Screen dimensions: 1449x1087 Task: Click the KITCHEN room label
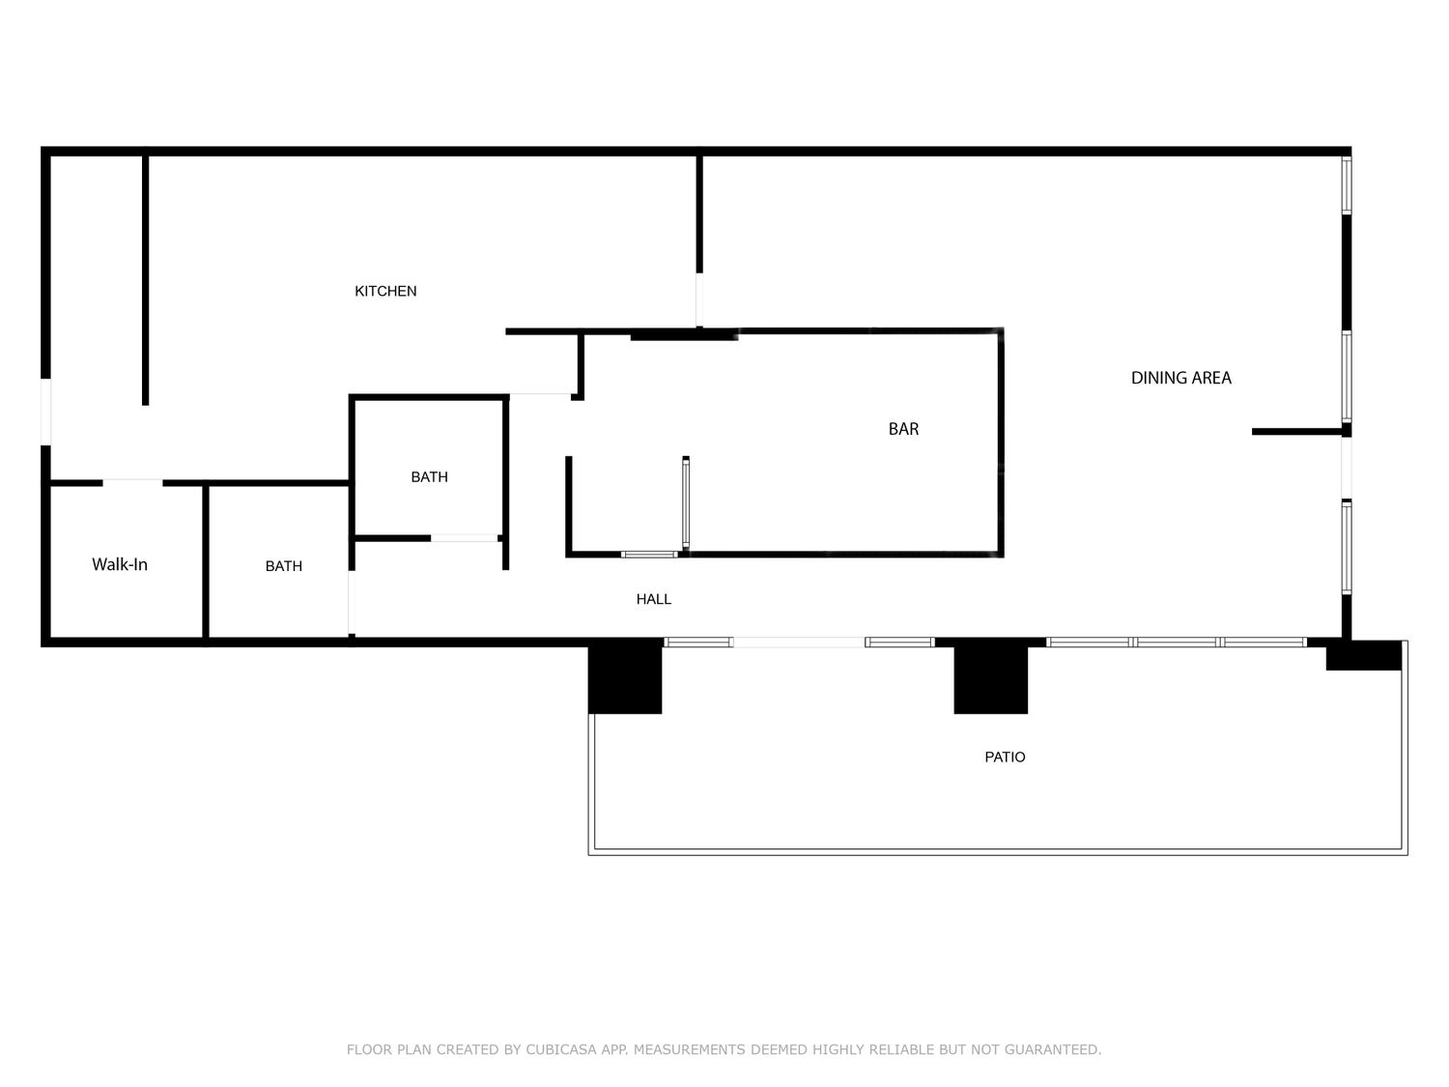(x=385, y=291)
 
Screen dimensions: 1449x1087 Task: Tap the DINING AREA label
(x=1180, y=378)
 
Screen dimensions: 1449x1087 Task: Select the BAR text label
(x=903, y=429)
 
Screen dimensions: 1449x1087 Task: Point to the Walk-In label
(x=120, y=564)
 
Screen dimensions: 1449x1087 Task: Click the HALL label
(x=654, y=599)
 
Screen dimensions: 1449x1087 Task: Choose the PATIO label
(x=1005, y=757)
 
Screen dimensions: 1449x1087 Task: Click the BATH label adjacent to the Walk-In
(x=284, y=566)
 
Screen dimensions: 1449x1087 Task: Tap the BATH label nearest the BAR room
(x=429, y=477)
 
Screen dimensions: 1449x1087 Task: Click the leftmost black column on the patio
(x=624, y=675)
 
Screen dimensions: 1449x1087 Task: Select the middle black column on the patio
(x=990, y=678)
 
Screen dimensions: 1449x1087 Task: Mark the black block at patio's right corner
(x=1364, y=655)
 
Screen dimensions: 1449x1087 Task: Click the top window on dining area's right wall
(x=1347, y=186)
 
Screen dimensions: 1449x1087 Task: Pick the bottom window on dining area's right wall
(x=1347, y=548)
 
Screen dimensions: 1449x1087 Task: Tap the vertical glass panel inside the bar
(x=686, y=502)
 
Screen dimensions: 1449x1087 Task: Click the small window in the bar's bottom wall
(x=649, y=555)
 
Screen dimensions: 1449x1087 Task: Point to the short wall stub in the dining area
(x=1297, y=432)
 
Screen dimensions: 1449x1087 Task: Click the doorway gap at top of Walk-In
(x=132, y=483)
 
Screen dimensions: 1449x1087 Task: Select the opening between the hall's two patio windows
(x=799, y=643)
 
